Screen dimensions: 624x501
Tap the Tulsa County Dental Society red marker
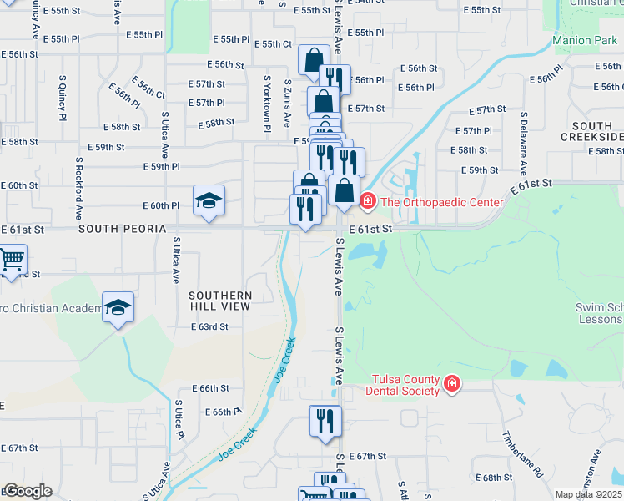click(x=451, y=384)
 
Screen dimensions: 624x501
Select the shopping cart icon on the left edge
click(x=12, y=261)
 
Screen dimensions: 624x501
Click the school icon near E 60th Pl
click(x=209, y=200)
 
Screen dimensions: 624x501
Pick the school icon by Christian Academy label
click(x=118, y=307)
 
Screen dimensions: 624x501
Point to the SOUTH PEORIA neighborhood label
click(x=118, y=228)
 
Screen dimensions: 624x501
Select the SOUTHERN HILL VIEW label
click(x=220, y=301)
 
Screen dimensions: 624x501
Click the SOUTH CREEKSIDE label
click(x=592, y=130)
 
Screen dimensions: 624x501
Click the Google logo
click(x=27, y=491)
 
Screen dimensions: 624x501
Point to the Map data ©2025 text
click(x=587, y=494)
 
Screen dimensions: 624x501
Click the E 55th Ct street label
click(x=274, y=43)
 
